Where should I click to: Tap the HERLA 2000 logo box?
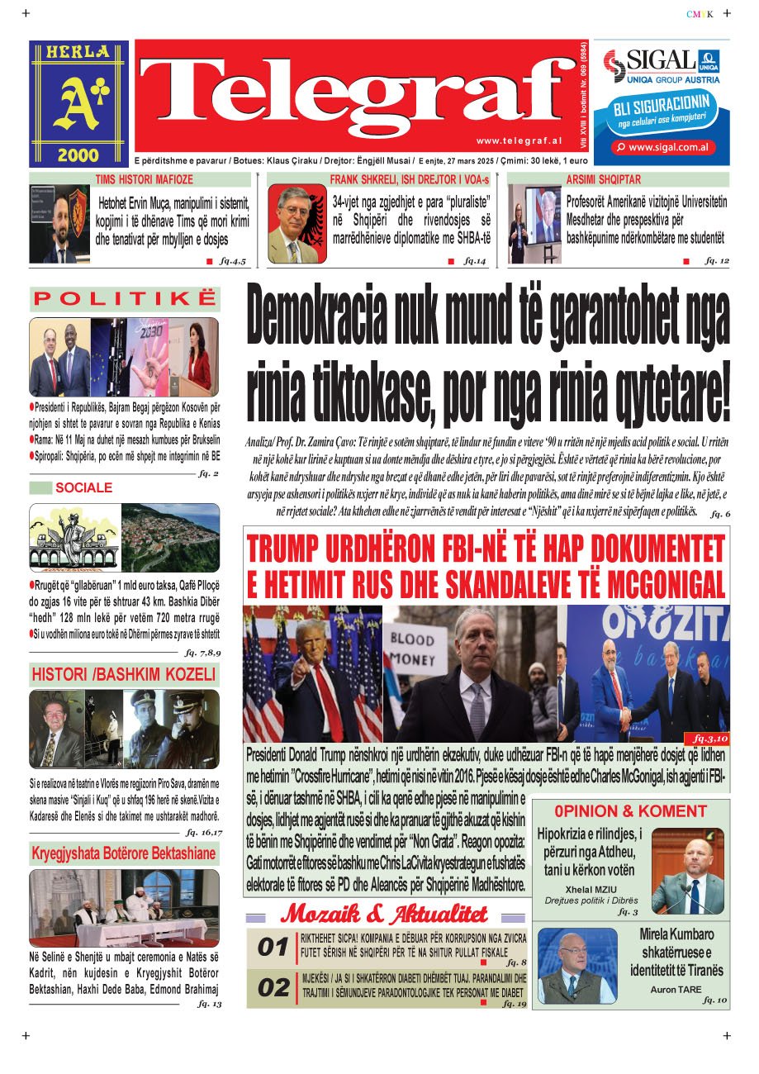80,103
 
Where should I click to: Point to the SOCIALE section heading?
83,487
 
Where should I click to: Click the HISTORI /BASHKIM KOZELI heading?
124,675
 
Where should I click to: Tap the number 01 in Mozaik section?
273,948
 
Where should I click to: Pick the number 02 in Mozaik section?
273,987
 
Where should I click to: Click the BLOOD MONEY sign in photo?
411,649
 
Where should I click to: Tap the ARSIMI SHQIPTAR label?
603,179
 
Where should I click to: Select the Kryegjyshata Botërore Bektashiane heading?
124,853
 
